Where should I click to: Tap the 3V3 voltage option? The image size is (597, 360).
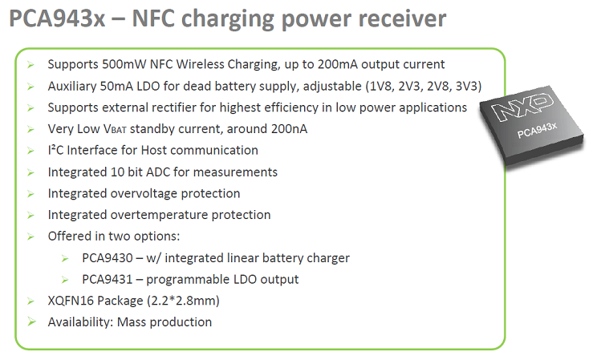pos(465,85)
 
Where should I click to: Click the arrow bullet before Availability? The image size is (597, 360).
pos(32,322)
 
